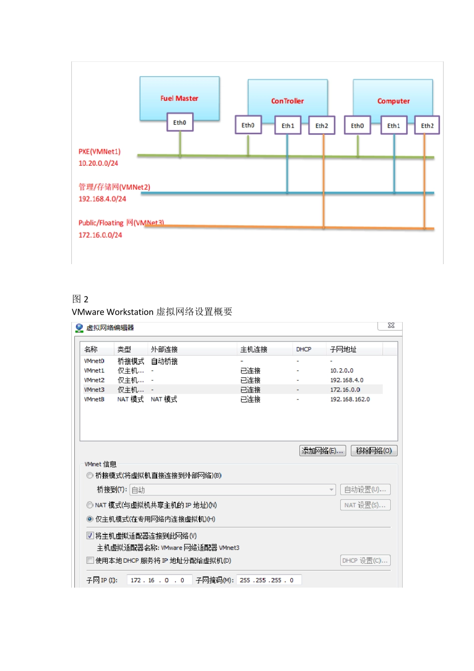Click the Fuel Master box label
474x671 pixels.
179,98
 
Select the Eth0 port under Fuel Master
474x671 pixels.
180,122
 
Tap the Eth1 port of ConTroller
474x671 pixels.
288,126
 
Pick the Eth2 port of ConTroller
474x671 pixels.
322,126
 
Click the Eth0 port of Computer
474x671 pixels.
357,126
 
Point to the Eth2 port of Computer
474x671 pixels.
427,126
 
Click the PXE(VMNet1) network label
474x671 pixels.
99,151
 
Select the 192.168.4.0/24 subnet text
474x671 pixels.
102,199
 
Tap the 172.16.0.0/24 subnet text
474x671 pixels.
100,235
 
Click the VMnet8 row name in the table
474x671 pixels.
94,399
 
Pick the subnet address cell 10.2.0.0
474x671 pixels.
342,370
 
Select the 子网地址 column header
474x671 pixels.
343,349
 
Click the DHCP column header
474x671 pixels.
303,349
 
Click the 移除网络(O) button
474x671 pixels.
374,451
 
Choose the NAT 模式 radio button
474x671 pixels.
90,505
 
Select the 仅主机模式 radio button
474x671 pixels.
90,519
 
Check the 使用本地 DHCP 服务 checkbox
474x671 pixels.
90,560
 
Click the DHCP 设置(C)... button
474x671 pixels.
365,561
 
